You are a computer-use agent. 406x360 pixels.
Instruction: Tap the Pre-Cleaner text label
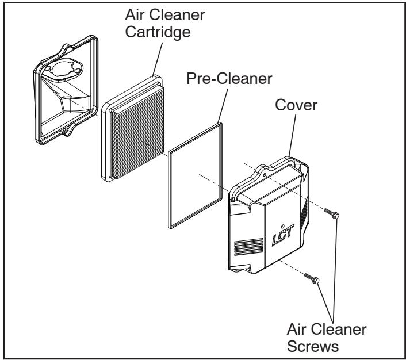coord(228,79)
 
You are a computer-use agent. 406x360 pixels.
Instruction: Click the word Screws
coord(328,346)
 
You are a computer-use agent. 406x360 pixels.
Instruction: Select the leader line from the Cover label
coord(291,137)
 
